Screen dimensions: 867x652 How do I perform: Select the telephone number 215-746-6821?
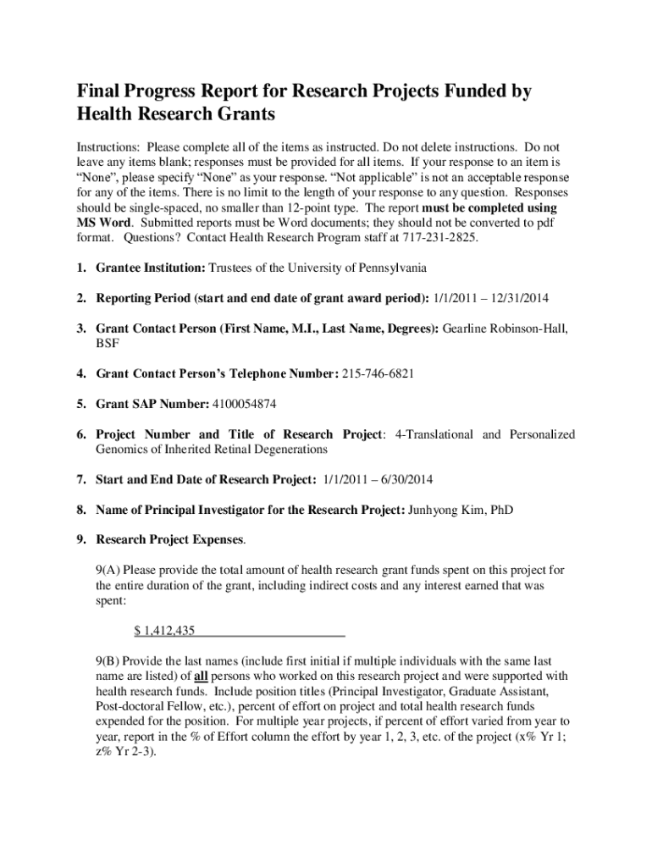click(378, 373)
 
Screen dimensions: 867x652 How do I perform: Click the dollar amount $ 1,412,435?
click(165, 630)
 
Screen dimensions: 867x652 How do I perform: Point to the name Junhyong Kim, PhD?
click(461, 510)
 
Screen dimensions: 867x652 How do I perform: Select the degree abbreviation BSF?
click(108, 343)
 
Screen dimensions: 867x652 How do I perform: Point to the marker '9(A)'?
click(108, 569)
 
